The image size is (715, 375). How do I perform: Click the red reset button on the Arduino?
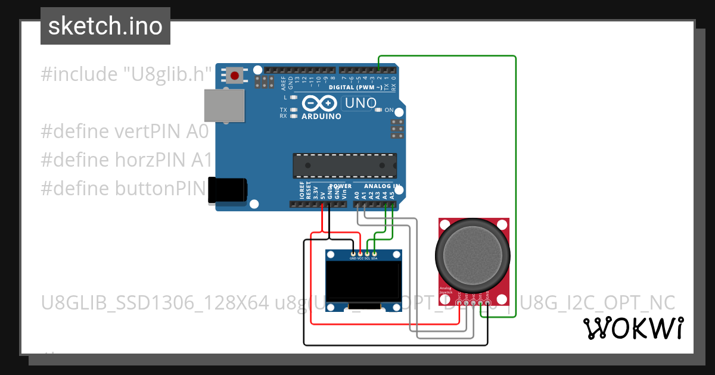(235, 76)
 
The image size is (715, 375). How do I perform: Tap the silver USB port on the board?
(225, 105)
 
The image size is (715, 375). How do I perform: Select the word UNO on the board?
(361, 103)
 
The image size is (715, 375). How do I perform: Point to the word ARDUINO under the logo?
(322, 117)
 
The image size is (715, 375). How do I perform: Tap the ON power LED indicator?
(378, 110)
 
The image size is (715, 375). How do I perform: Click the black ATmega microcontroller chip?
(344, 165)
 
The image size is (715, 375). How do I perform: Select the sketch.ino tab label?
(105, 26)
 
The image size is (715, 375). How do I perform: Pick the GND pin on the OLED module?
(353, 254)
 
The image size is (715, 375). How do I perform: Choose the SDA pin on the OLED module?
(374, 254)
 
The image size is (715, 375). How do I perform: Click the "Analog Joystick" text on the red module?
(446, 291)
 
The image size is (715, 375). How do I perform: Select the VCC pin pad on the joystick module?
(459, 303)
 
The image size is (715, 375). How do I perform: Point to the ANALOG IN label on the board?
(381, 186)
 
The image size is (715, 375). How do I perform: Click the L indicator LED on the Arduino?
(294, 97)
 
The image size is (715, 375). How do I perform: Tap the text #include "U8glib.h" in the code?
(127, 74)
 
